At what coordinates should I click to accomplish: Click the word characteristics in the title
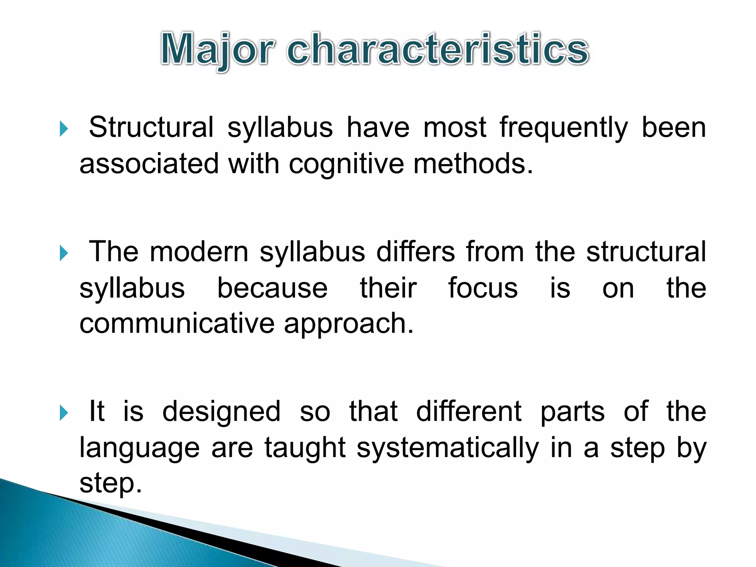(x=437, y=50)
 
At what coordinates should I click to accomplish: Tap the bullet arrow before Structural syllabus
(x=64, y=129)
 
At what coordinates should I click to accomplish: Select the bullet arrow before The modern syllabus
(x=64, y=254)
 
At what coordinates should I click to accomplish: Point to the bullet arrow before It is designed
(x=64, y=413)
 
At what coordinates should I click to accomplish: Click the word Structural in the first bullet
(x=151, y=127)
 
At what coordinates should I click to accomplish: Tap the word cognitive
(x=346, y=164)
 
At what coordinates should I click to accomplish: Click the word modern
(x=199, y=252)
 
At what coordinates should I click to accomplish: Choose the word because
(x=272, y=288)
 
